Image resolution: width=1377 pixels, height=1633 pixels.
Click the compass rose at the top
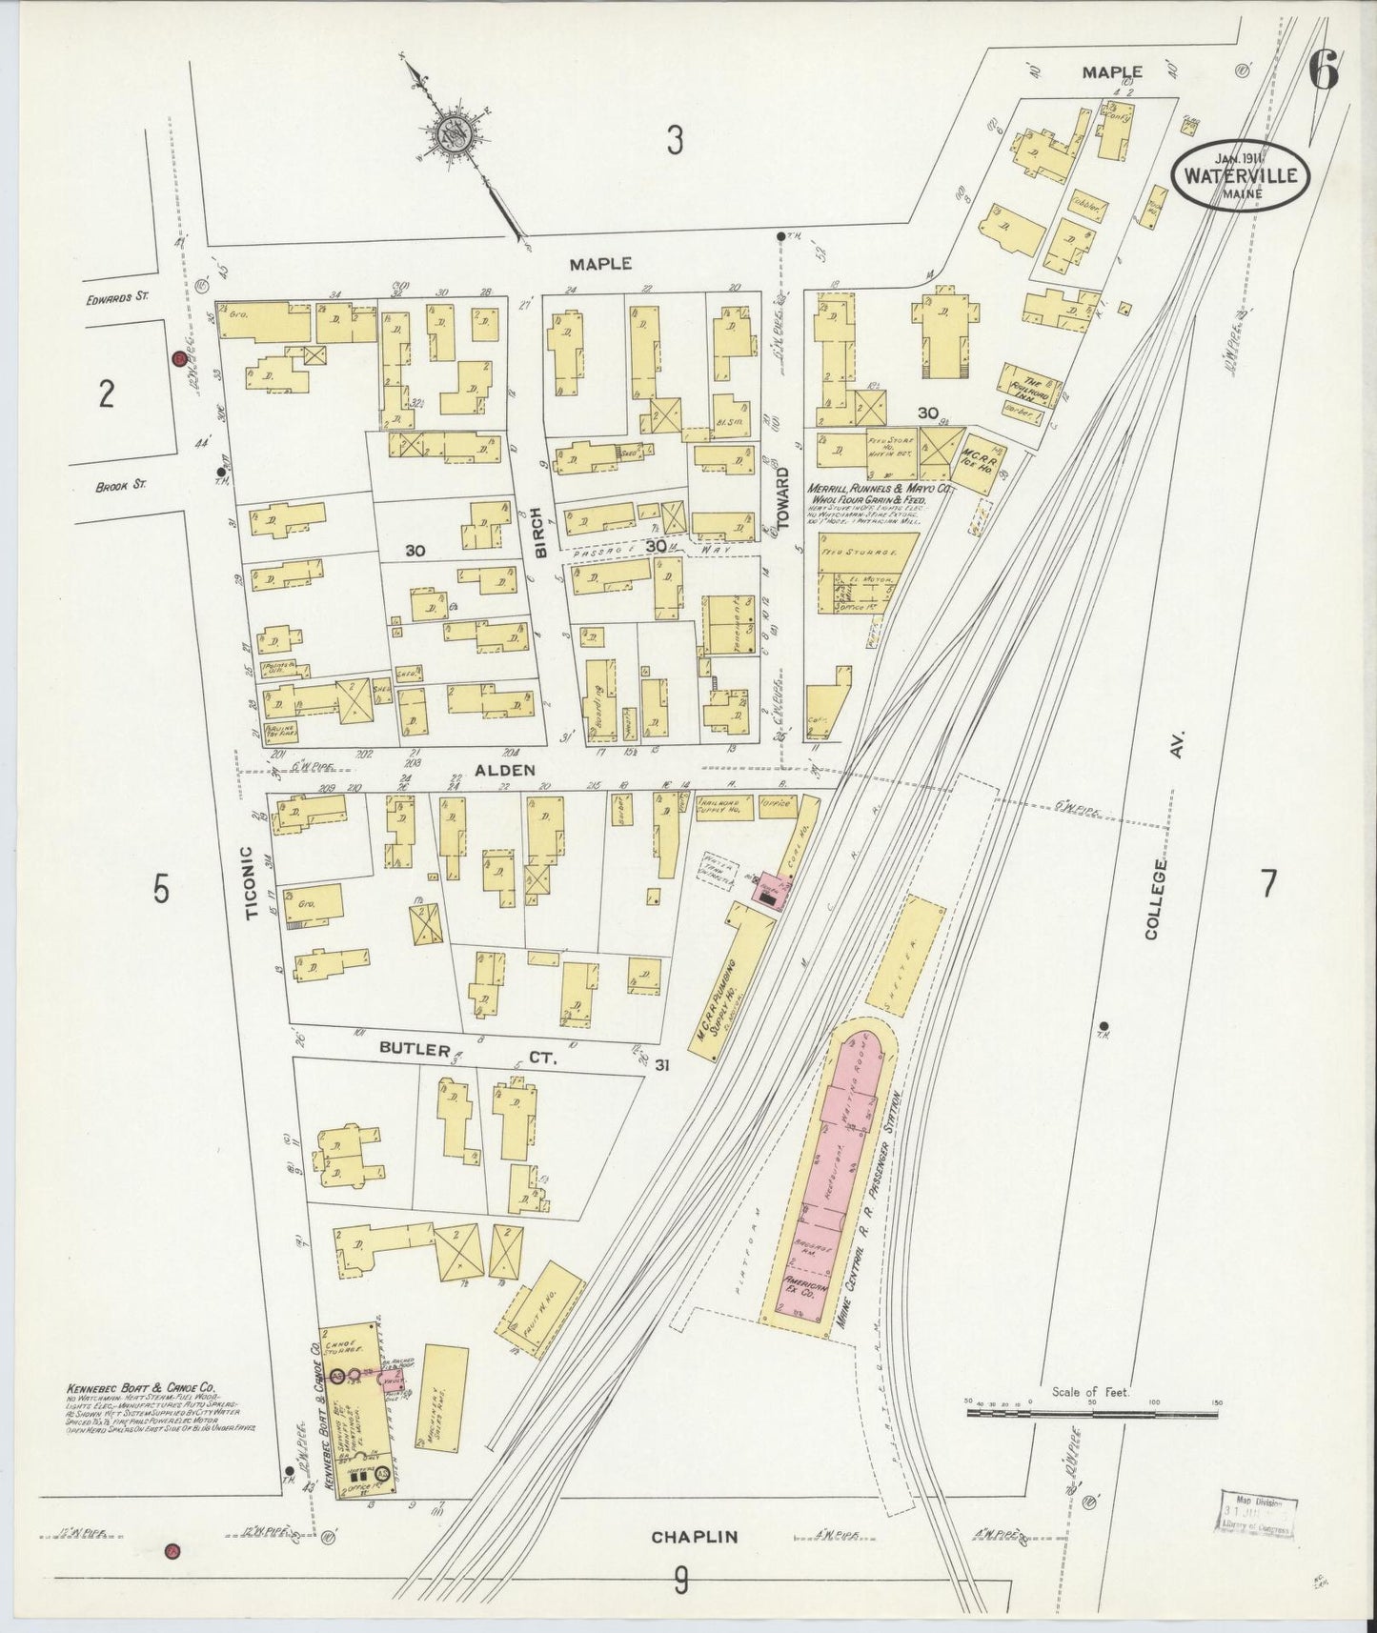pos(456,135)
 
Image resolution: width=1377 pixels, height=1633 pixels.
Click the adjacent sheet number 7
pos(1267,884)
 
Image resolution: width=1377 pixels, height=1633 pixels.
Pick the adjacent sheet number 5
pos(161,890)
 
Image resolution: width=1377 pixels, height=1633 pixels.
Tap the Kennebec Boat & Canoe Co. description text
pos(152,1416)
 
